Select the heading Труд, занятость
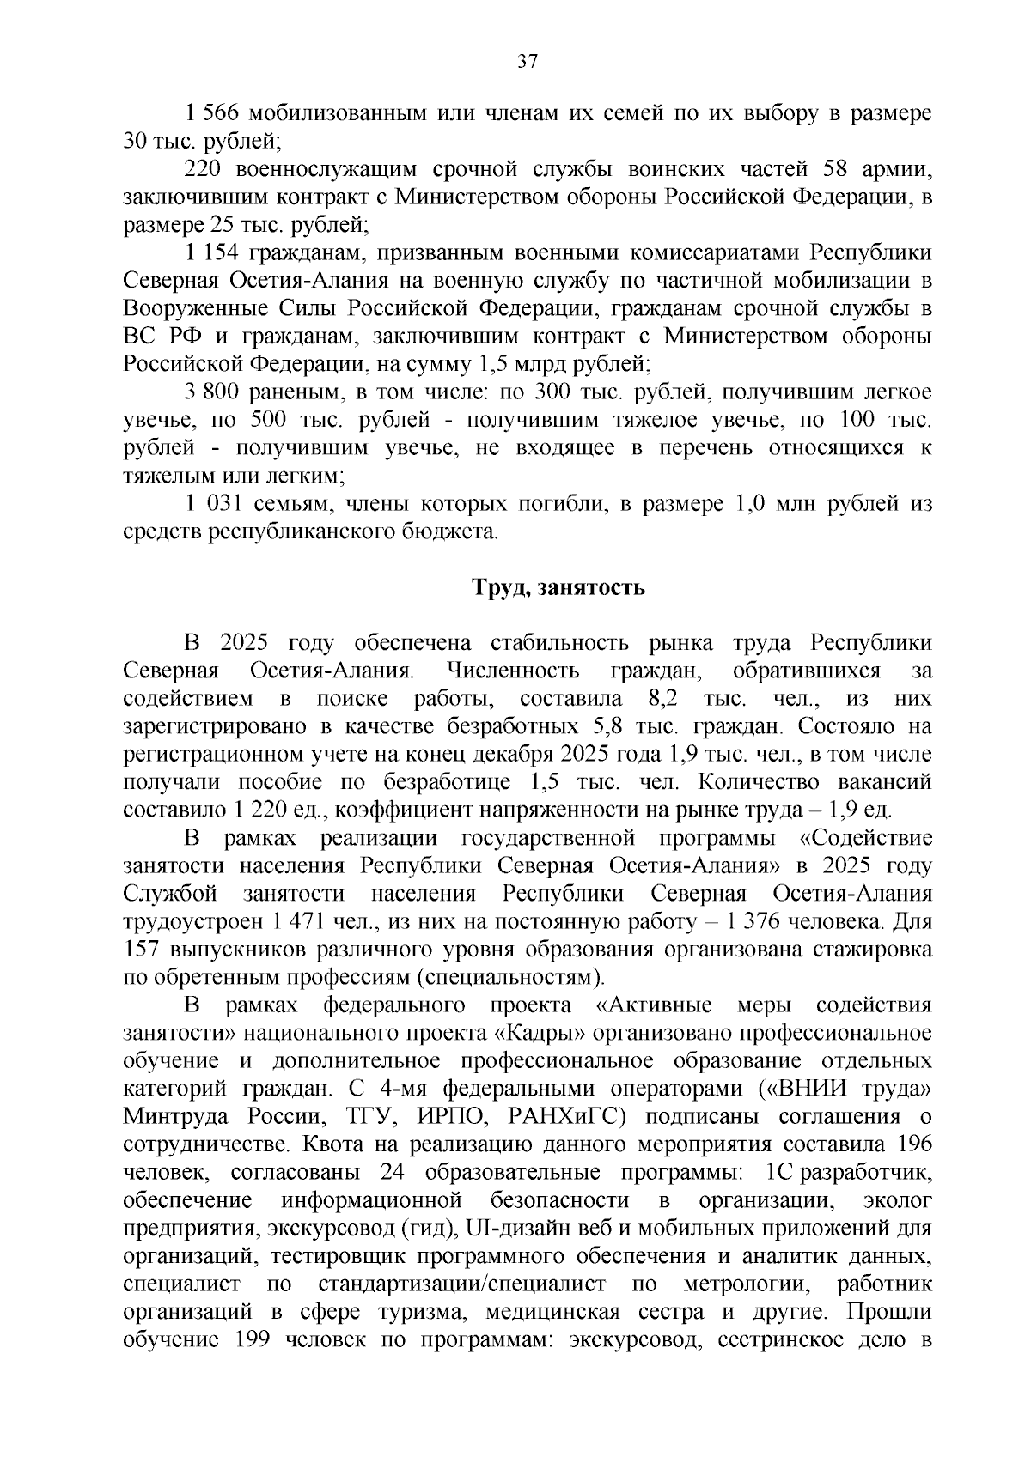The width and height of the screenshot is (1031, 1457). pyautogui.click(x=558, y=588)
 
